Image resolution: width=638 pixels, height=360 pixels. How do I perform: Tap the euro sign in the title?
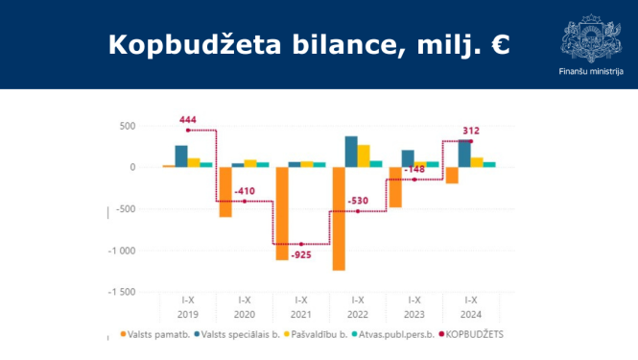(x=499, y=45)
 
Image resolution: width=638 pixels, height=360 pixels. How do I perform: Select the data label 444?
(x=189, y=120)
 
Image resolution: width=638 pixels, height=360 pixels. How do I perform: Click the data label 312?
(x=471, y=131)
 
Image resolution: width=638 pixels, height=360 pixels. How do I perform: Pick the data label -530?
(x=358, y=201)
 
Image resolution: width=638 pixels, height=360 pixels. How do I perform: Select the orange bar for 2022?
(x=338, y=218)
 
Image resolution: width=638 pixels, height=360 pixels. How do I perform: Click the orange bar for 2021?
(x=282, y=213)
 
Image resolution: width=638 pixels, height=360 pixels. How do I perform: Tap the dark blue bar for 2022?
(x=351, y=152)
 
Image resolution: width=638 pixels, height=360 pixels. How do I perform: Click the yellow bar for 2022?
(x=364, y=156)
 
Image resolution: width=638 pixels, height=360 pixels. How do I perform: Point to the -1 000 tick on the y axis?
(x=123, y=251)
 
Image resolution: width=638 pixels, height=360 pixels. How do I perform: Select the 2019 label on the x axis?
(x=189, y=313)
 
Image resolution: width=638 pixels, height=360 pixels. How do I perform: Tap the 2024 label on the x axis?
(x=470, y=313)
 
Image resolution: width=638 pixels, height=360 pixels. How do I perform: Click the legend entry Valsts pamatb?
(x=154, y=335)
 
